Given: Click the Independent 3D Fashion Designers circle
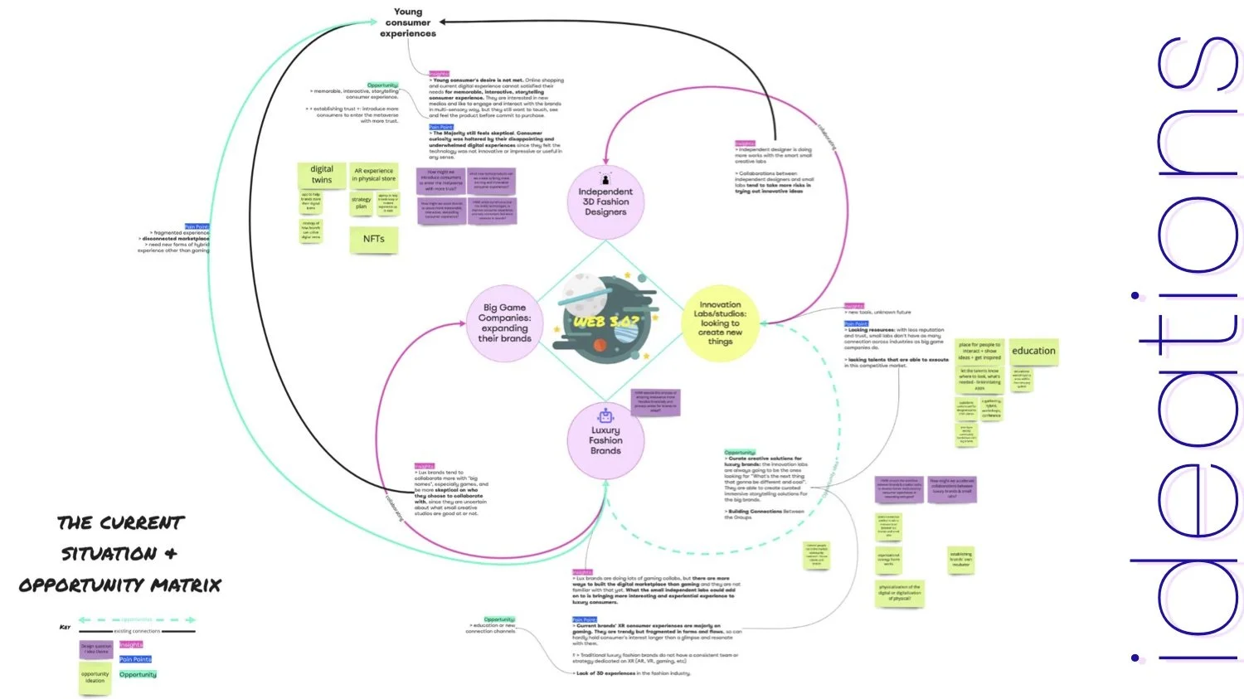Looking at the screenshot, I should click(605, 201).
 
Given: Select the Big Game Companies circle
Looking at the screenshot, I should click(504, 323).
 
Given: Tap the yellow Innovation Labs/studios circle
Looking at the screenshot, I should click(720, 323).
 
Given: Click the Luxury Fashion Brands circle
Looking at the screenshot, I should click(605, 440).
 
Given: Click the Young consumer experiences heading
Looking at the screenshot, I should click(408, 22).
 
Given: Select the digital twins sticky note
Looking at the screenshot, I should click(322, 175).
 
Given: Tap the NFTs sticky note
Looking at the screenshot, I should click(373, 239).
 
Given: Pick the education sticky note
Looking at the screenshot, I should click(1033, 352).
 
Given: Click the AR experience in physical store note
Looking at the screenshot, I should click(374, 175).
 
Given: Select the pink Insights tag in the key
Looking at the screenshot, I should click(131, 644).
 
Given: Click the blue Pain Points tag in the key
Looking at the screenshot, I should click(135, 659).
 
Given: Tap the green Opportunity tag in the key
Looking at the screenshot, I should click(138, 674).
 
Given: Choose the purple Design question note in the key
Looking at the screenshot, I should click(95, 649).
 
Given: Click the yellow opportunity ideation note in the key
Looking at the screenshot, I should click(95, 677).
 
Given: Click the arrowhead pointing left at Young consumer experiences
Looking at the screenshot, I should click(444, 22).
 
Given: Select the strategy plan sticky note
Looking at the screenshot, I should click(361, 203).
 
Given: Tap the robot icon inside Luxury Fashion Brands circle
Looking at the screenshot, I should click(605, 415).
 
